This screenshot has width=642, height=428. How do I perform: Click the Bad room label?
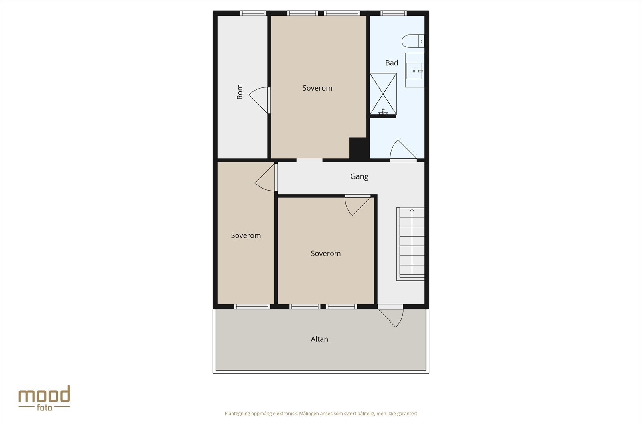(392, 63)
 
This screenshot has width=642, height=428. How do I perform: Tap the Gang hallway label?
(359, 176)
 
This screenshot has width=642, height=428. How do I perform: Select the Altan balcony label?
(319, 339)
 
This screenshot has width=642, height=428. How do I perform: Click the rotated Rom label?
(240, 92)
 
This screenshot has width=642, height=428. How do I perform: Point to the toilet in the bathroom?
(412, 41)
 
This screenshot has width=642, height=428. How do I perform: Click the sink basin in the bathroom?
(414, 71)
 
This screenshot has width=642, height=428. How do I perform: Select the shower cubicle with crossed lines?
(383, 94)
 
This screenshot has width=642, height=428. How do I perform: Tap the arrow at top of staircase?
(412, 209)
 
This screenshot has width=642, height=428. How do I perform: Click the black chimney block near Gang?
(358, 148)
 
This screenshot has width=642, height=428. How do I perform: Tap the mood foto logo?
(44, 398)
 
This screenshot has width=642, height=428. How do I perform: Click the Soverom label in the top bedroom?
(317, 88)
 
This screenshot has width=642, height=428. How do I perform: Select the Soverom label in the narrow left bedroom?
(246, 236)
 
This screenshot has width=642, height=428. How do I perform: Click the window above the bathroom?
(394, 13)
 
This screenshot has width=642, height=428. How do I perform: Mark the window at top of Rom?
(254, 13)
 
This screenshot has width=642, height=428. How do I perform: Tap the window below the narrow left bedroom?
(252, 307)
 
